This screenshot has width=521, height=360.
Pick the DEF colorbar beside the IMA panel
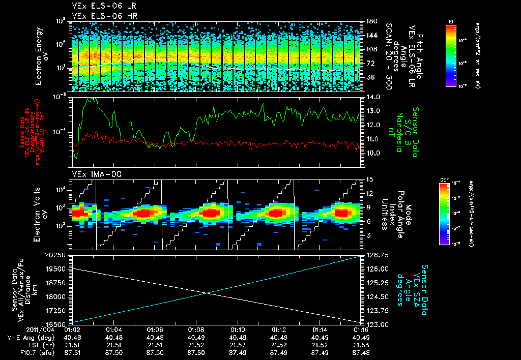[443, 214]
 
